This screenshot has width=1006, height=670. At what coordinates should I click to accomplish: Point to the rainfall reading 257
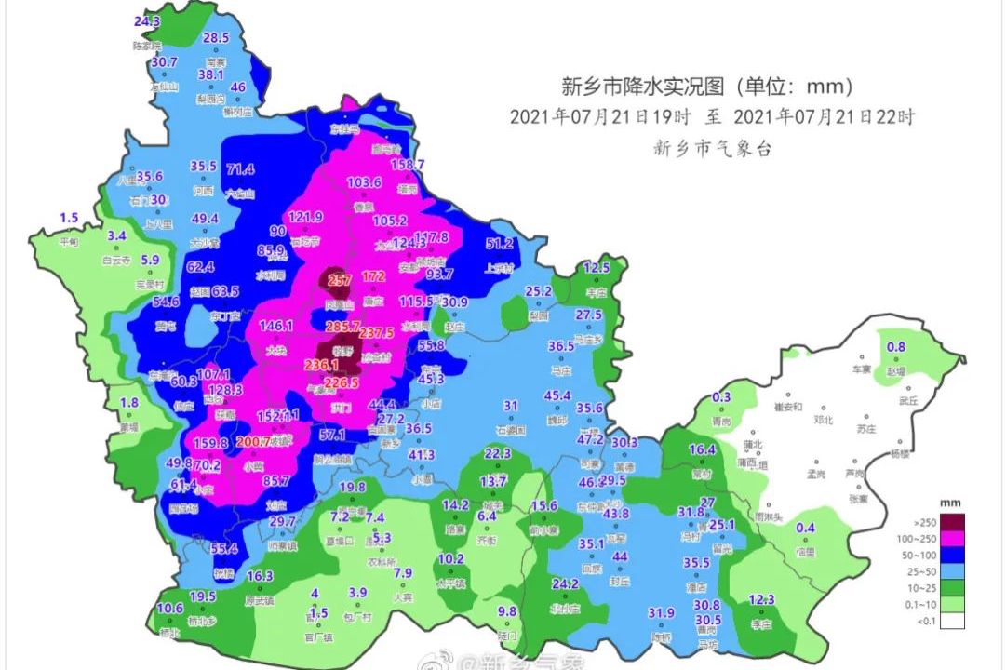pos(340,280)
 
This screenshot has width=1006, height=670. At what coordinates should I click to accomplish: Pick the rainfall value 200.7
pos(254,441)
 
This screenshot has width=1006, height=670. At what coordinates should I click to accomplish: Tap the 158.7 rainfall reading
pos(407,165)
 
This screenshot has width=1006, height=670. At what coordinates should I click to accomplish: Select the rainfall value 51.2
pos(500,244)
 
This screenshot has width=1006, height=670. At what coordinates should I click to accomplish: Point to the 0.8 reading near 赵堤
pos(895,347)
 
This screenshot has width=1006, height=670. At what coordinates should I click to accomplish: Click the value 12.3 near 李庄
pos(761,599)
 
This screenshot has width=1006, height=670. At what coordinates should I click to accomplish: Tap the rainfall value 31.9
pos(661,612)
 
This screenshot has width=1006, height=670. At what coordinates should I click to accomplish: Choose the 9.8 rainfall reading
pos(507,610)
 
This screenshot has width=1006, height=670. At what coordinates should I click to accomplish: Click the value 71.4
pos(240,168)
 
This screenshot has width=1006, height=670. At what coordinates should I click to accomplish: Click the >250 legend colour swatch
pos(951,521)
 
